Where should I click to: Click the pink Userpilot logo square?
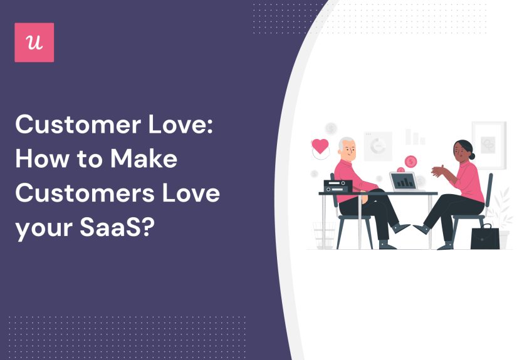[34, 43]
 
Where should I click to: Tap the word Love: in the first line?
[187, 125]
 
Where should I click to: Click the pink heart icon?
[320, 147]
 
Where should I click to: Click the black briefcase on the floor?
[485, 237]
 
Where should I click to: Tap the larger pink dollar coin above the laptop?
[410, 162]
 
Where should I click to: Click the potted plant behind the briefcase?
[501, 207]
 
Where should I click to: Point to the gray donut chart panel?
[378, 146]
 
